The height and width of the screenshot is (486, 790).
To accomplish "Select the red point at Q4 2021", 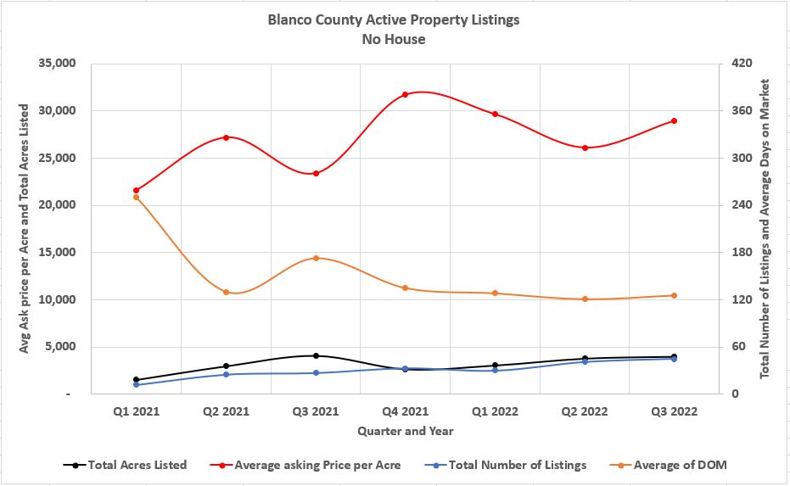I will pyautogui.click(x=406, y=94).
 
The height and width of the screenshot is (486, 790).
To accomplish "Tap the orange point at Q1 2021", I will pyautogui.click(x=137, y=198).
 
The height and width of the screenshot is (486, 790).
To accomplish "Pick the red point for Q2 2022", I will pyautogui.click(x=585, y=148).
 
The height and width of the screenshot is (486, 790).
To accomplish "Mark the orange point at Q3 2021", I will pyautogui.click(x=316, y=258).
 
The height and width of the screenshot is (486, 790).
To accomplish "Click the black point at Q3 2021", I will pyautogui.click(x=316, y=356).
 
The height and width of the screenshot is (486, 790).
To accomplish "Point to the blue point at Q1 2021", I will pyautogui.click(x=137, y=385).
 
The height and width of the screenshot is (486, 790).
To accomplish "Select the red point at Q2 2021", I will pyautogui.click(x=227, y=137).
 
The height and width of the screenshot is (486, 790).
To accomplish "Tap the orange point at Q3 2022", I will pyautogui.click(x=675, y=295).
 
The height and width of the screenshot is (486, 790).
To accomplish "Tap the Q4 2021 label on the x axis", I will pyautogui.click(x=406, y=412).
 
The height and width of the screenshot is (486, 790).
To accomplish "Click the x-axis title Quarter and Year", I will pyautogui.click(x=406, y=431).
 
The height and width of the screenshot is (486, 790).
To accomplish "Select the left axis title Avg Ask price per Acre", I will pyautogui.click(x=25, y=229).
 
